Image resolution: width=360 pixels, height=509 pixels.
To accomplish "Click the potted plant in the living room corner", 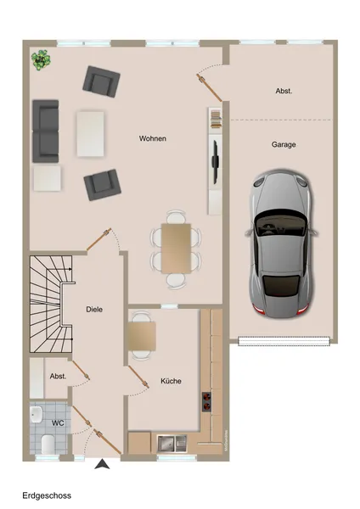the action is [41, 59].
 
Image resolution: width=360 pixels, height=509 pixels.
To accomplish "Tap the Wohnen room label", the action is [152, 138].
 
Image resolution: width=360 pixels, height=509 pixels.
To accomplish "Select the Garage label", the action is [284, 144].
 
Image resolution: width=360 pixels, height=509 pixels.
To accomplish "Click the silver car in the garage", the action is [281, 243].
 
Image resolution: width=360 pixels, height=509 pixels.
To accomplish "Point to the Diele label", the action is [94, 310].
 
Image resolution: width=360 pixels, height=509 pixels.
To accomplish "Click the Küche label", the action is [171, 381].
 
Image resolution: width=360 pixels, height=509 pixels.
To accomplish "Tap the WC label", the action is [58, 423].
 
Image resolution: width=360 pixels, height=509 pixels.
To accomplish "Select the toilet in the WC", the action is [48, 444].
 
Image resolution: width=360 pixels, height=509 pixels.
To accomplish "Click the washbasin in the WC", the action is [36, 415].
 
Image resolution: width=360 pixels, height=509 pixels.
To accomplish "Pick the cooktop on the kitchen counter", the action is [206, 401].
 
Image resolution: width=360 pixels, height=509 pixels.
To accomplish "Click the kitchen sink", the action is [172, 444].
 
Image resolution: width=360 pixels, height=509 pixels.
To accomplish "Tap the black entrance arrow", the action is [102, 464].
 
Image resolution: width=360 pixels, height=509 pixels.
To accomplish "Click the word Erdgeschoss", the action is [47, 495].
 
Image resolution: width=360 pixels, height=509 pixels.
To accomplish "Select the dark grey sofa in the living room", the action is [46, 131].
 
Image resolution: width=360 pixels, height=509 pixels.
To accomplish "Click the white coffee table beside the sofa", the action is [90, 134].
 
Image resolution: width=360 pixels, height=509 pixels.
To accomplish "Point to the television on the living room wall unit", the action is [215, 159].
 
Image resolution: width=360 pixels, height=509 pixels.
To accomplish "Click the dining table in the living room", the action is [176, 249].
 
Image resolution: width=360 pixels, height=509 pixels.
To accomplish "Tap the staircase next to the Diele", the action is [51, 305].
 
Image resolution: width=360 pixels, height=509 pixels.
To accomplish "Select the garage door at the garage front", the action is [284, 341].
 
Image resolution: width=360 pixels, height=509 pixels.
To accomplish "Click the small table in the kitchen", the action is [142, 336].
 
